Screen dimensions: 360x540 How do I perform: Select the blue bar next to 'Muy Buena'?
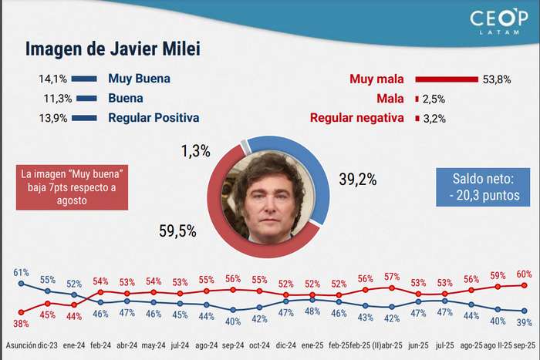pos(86,79)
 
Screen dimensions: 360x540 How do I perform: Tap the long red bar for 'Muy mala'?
pos(447,79)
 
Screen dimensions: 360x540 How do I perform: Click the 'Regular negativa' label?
pos(356,118)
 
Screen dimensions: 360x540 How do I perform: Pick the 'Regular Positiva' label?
pos(154,118)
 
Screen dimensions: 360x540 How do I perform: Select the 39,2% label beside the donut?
pos(357,180)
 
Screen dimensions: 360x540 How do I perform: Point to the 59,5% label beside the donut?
pos(177,230)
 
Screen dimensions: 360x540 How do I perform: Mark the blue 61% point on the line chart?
pos(21,283)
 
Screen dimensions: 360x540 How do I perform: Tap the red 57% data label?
pos(392,278)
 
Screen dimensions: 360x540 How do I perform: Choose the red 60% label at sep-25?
pos(525,274)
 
